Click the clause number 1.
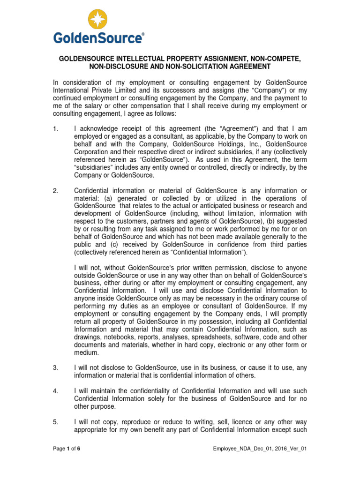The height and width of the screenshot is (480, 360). click(55, 128)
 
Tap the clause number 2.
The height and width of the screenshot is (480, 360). click(55, 190)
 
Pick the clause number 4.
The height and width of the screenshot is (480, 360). click(55, 391)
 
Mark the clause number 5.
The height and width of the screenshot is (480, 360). click(55, 422)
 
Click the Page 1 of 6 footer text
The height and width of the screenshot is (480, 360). click(67, 449)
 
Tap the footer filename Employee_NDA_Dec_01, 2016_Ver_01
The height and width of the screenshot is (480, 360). click(260, 449)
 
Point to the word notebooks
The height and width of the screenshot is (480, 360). click(118, 337)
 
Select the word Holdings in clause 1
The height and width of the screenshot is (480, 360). click(223, 143)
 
